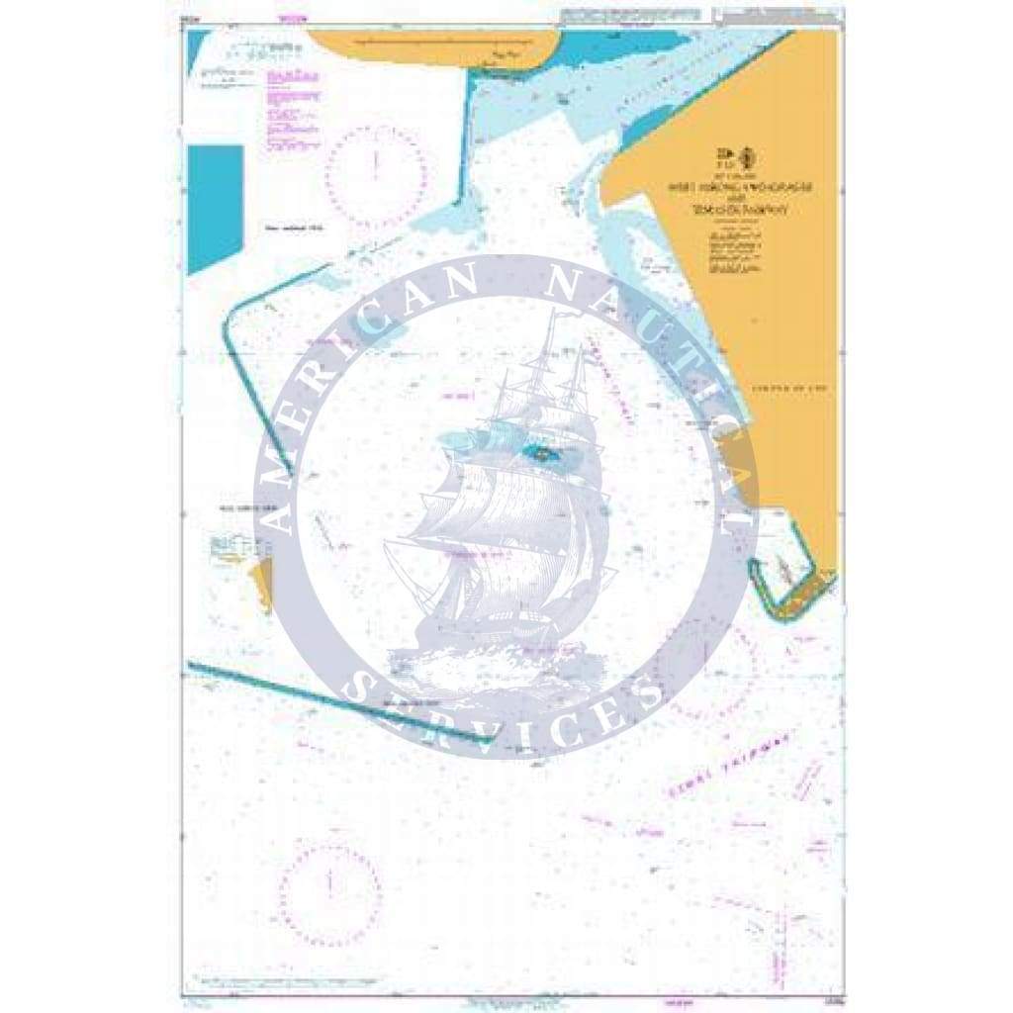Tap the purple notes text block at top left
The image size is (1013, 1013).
point(295,110)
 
